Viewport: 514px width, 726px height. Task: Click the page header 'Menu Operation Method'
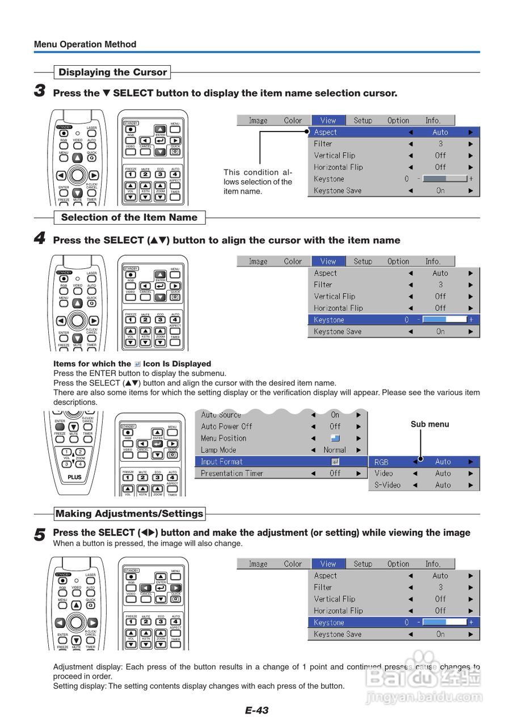(85, 44)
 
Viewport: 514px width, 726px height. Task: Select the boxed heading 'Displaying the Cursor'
(113, 73)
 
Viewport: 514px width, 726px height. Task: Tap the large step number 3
(40, 91)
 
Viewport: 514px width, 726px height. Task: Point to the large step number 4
(40, 238)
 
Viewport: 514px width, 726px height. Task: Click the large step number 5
(40, 534)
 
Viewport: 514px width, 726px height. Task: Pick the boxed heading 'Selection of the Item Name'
(129, 217)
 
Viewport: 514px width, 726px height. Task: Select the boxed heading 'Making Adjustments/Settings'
(129, 514)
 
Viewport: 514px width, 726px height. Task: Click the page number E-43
(257, 710)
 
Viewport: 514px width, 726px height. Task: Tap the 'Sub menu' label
(429, 424)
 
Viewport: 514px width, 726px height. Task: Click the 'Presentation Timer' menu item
(232, 474)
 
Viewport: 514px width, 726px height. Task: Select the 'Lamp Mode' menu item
(218, 450)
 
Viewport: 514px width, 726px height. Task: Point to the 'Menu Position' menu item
(224, 438)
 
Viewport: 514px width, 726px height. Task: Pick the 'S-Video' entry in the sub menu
(387, 486)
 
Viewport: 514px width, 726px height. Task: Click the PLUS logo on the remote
(74, 477)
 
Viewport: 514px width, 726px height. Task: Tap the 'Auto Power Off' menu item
(226, 427)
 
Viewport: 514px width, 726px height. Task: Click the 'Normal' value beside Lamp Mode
(335, 450)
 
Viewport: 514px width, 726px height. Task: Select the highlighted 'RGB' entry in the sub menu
(382, 462)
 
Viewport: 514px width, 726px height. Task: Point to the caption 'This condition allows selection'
(258, 181)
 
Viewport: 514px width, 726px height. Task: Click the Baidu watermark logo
(423, 678)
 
